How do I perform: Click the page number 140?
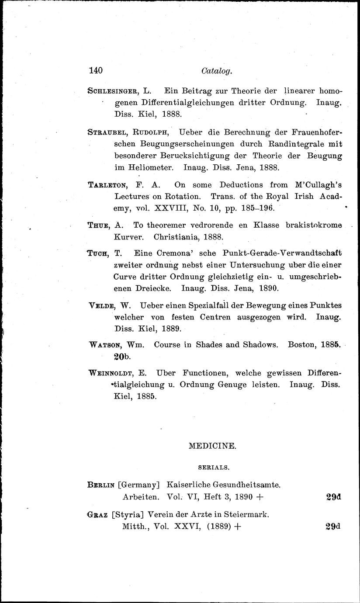95,70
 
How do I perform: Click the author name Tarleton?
104,185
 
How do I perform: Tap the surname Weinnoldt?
111,374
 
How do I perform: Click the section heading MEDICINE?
212,446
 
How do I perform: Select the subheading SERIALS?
212,468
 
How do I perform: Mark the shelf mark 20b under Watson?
122,357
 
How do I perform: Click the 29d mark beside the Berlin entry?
333,497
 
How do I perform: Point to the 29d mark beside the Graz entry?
333,527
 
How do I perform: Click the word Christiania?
183,238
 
